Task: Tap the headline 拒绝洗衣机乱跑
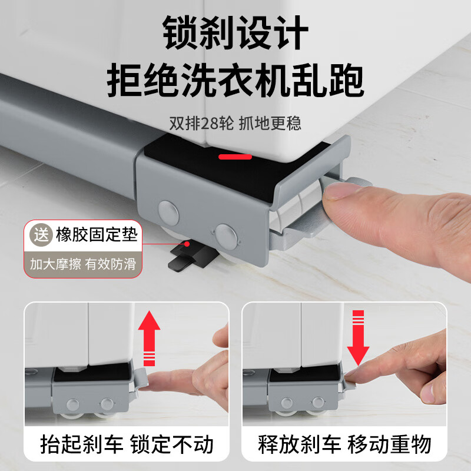(x=235, y=82)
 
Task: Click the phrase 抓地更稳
(x=273, y=124)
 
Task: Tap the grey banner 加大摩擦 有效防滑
(x=82, y=263)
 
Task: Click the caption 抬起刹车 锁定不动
(x=127, y=445)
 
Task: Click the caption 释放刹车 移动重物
(x=344, y=445)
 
